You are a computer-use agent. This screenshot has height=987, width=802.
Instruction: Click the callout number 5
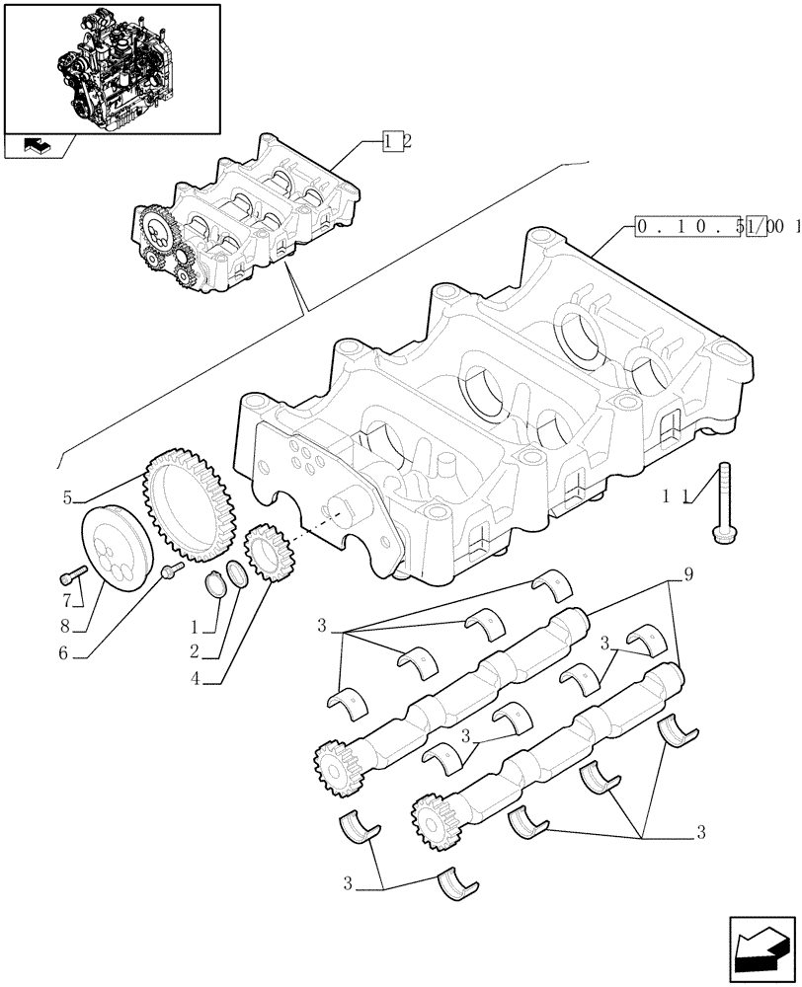pyautogui.click(x=67, y=498)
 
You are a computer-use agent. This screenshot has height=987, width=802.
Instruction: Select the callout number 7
pyautogui.click(x=67, y=600)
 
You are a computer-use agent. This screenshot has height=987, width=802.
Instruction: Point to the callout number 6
pyautogui.click(x=66, y=652)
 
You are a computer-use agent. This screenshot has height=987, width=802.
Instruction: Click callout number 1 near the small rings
pyautogui.click(x=196, y=627)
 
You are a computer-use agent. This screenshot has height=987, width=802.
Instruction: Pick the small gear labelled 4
pyautogui.click(x=264, y=551)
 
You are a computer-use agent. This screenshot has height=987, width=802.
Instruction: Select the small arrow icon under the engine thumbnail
pyautogui.click(x=37, y=147)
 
